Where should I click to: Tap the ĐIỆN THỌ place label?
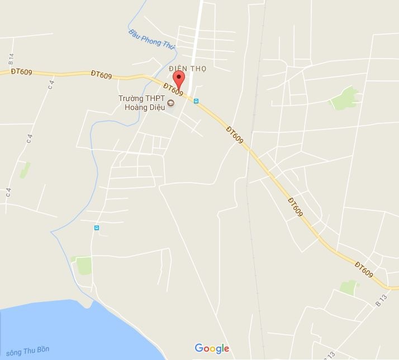pos(188,69)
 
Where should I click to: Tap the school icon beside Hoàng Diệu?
pos(171,103)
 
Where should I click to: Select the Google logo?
pos(212,348)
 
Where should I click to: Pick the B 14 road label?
pos(11,58)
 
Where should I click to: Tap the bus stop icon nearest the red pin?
pos(196,102)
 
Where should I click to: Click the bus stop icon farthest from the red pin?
pos(97,228)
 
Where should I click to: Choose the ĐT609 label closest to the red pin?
pos(174,89)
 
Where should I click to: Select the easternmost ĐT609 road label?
pos(363,269)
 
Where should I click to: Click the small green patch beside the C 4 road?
pos(25,170)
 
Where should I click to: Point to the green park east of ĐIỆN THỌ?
pos(344,99)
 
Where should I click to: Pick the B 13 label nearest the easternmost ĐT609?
pos(381,301)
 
